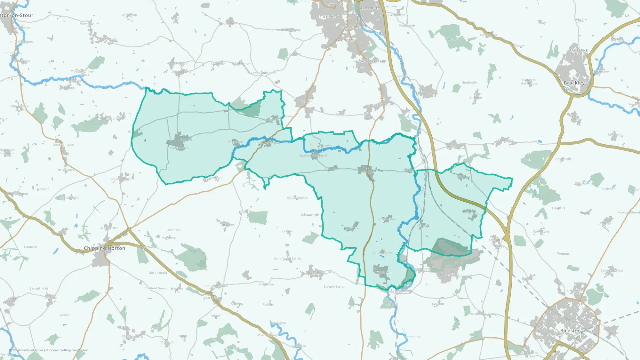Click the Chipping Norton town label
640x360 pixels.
(x=104, y=248)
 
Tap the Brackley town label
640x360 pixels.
(x=574, y=83)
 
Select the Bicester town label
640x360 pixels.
(x=570, y=331)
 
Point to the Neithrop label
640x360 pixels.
(x=332, y=17)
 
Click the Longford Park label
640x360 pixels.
(x=372, y=61)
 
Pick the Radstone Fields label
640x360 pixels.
(x=579, y=52)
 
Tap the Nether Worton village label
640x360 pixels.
(x=297, y=198)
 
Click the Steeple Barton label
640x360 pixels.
(x=334, y=287)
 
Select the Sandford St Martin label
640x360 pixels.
(x=288, y=259)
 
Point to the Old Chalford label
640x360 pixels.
(x=158, y=273)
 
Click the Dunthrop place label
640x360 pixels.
(x=173, y=230)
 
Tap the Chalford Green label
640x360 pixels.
(x=156, y=288)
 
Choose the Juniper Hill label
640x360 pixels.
(x=562, y=159)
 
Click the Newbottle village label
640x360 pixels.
(x=469, y=83)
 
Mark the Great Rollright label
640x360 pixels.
(x=121, y=179)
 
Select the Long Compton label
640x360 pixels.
(x=63, y=145)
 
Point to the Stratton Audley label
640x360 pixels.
(x=612, y=270)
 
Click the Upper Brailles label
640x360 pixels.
(x=90, y=23)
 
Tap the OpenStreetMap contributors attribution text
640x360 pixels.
(x=69, y=350)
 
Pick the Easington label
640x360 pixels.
(x=346, y=40)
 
